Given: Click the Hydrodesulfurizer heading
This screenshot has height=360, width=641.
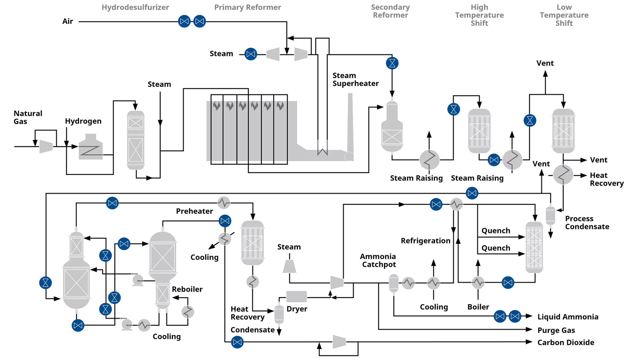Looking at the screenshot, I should point(135,7).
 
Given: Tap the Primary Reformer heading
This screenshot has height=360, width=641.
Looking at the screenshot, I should point(247,7).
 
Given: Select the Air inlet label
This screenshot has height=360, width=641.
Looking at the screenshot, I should point(67,22).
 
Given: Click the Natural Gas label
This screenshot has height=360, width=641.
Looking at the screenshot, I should point(28,117).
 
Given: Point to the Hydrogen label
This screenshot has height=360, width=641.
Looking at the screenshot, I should point(83,121).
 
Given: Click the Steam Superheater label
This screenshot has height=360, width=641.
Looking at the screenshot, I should point(356,80).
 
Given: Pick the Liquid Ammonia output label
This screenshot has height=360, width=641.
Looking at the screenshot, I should point(568,317).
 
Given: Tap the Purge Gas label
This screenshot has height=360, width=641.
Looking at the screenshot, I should point(556,330).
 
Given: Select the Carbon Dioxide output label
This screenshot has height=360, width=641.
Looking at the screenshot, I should point(566,342).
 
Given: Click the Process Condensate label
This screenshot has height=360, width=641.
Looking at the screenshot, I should point(587,223).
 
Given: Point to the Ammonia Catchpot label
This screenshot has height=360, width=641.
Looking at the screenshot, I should point(378,260).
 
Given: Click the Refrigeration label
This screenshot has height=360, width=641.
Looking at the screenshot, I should point(425,241).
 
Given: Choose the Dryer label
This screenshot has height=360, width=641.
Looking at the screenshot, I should point(297,309).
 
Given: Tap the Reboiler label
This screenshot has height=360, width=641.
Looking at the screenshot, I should point(187,289).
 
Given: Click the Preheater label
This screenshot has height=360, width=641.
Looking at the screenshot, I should point(194,211).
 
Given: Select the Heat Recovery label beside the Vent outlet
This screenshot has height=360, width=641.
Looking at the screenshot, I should point(606,179).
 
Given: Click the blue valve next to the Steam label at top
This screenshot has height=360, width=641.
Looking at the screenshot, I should point(251,54).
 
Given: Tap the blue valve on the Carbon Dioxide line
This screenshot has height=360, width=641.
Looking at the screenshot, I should point(237,342).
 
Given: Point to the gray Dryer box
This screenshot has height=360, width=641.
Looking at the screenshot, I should point(296,296).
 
